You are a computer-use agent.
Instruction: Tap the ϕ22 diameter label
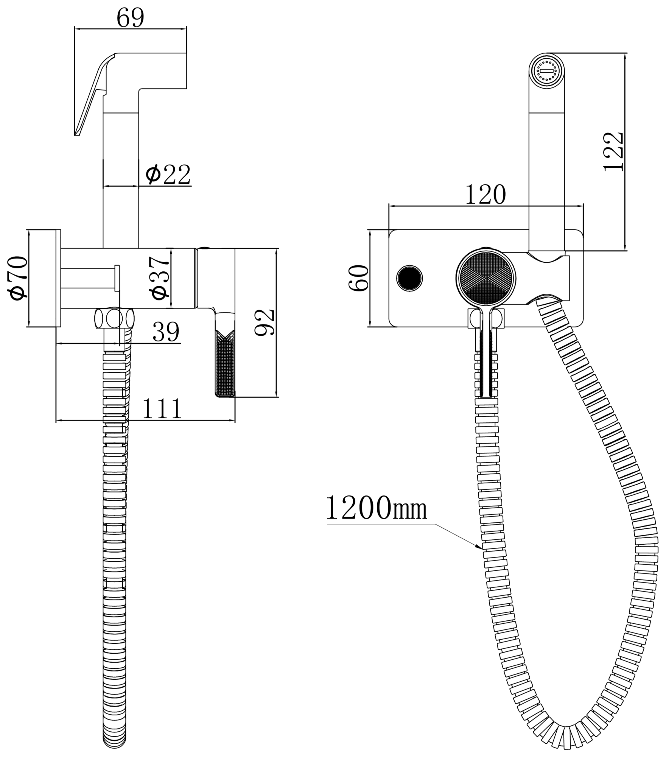[168, 175]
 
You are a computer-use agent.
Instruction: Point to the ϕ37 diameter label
[159, 278]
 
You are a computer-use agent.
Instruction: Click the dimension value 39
[166, 332]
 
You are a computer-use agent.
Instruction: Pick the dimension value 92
[264, 322]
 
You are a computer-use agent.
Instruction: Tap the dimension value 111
[162, 409]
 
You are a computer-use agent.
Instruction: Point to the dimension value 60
[358, 278]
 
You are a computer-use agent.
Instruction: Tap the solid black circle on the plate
[410, 279]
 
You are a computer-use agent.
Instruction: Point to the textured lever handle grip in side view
[225, 363]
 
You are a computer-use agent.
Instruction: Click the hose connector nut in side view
[114, 318]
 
